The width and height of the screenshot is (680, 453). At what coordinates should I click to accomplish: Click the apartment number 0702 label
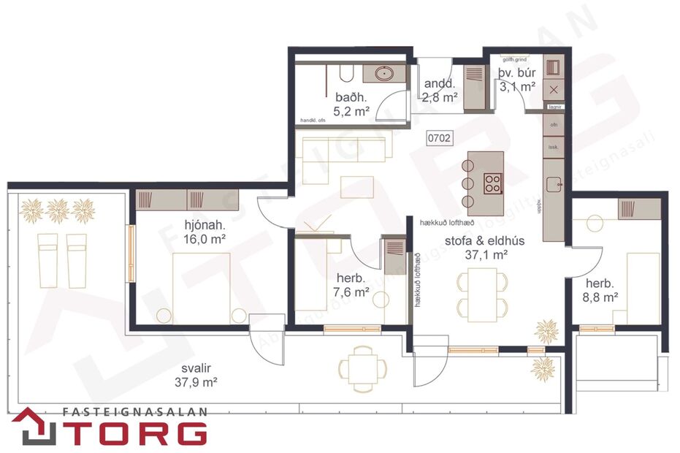(x=440, y=137)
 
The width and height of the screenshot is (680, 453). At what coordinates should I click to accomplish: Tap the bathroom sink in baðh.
(x=383, y=73)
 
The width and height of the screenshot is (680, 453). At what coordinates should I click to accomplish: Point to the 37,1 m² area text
(x=486, y=255)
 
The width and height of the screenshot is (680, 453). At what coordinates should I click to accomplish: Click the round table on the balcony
(x=362, y=365)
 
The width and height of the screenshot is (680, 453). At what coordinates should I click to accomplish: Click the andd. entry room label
(x=440, y=83)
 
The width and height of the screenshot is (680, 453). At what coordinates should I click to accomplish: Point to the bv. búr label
(x=517, y=73)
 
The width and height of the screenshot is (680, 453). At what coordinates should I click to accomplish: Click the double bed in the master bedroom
(x=202, y=289)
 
